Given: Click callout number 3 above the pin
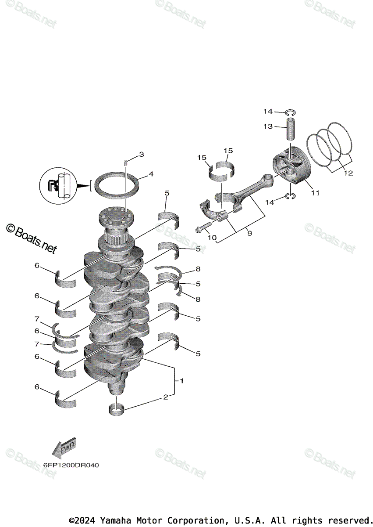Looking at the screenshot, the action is pos(141,154).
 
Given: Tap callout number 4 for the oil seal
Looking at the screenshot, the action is pos(151,174).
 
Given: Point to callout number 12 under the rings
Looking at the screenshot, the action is pos(348,173).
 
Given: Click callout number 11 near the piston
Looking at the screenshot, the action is pos(315,192).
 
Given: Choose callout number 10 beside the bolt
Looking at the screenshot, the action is pos(212,238).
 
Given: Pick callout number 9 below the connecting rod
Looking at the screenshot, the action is pos(249,234).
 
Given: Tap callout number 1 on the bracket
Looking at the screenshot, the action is pos(181,381).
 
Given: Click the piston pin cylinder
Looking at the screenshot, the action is pos(292,128).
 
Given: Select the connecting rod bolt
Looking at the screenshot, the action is pos(202,228).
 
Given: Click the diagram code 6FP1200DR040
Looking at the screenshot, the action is pos(68,465).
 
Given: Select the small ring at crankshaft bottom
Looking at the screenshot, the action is pos(117,410).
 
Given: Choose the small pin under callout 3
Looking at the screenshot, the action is pos(126,163).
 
